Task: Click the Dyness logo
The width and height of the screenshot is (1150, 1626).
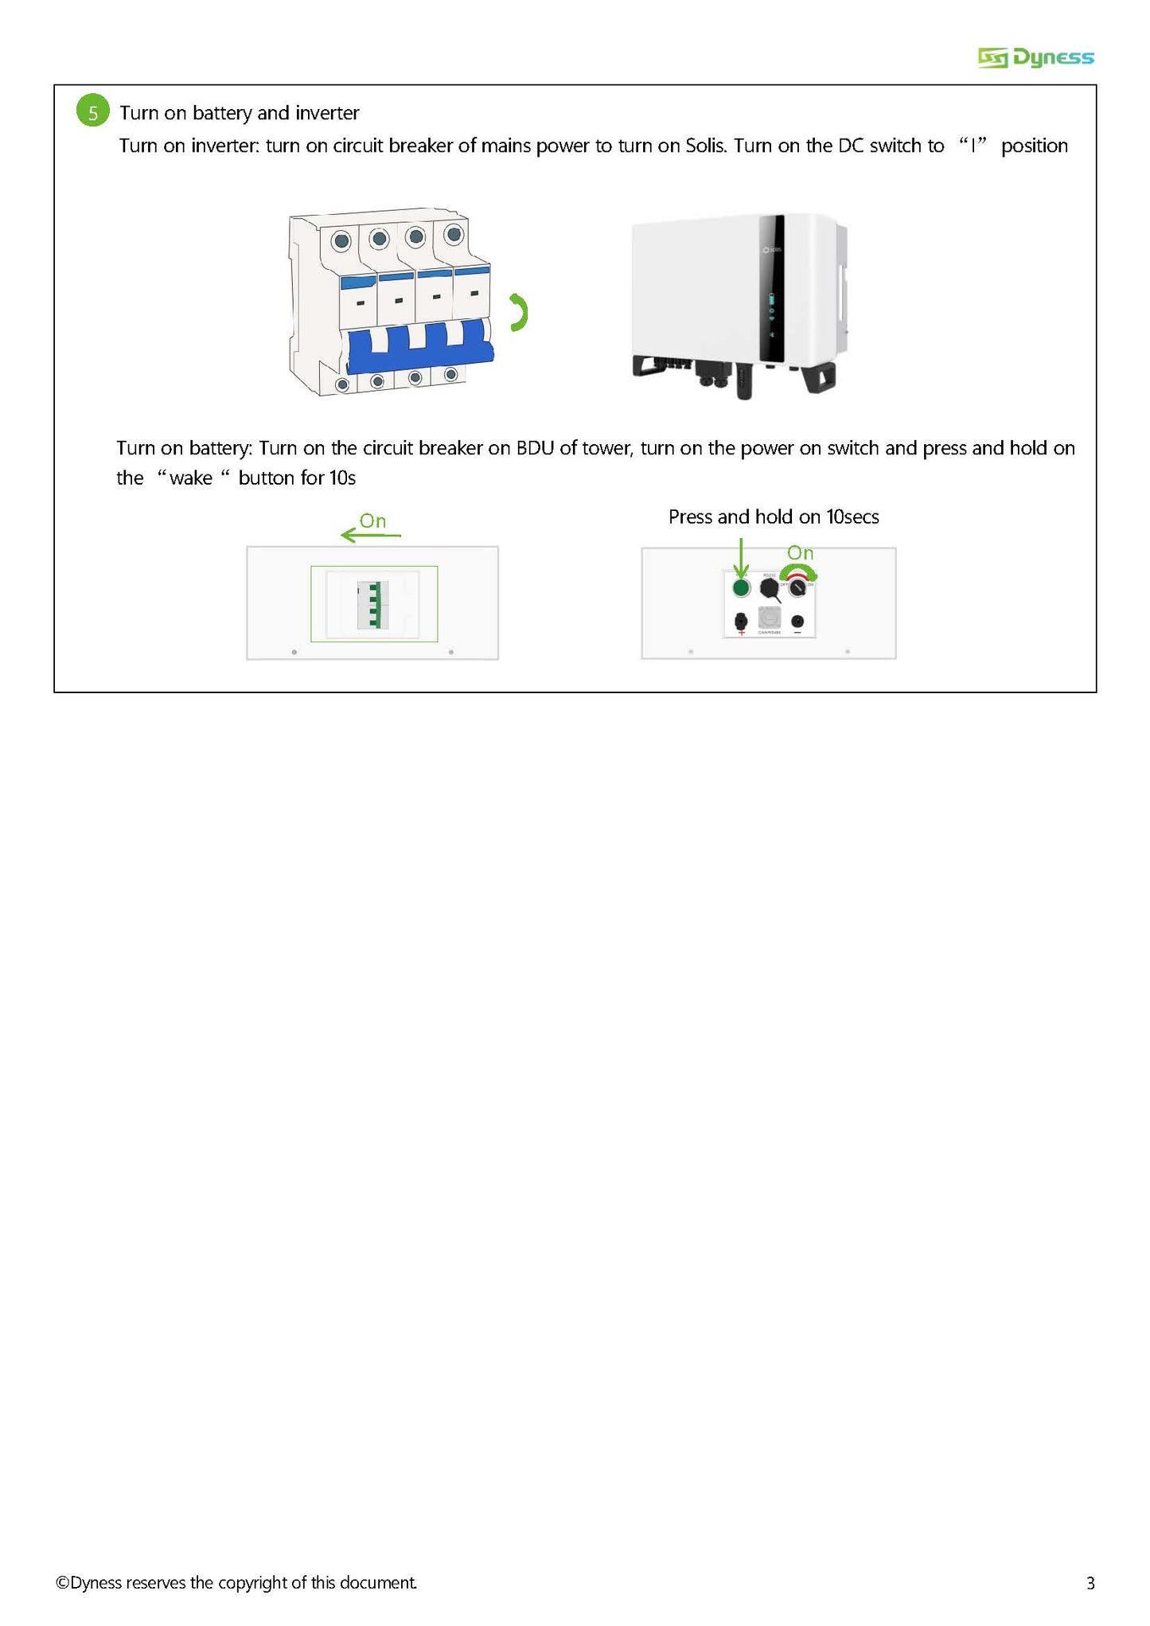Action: pyautogui.click(x=1035, y=57)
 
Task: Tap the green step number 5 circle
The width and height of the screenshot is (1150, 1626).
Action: pyautogui.click(x=92, y=112)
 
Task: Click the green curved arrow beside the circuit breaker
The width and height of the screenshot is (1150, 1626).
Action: pyautogui.click(x=518, y=313)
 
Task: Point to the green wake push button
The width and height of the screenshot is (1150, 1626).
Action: pyautogui.click(x=741, y=588)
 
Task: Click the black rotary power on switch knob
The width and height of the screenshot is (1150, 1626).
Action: pyautogui.click(x=797, y=588)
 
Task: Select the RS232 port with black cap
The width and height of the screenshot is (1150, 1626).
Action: pyautogui.click(x=769, y=588)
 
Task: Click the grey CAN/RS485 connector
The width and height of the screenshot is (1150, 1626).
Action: pyautogui.click(x=769, y=618)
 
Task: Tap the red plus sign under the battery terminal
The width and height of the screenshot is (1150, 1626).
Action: pyautogui.click(x=742, y=632)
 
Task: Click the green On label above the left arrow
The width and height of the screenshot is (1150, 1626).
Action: pyautogui.click(x=372, y=521)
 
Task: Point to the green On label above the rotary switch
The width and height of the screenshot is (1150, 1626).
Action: pyautogui.click(x=800, y=552)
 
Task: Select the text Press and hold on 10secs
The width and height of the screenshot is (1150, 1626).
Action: pyautogui.click(x=773, y=517)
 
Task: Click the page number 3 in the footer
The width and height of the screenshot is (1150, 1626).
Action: pyautogui.click(x=1090, y=1583)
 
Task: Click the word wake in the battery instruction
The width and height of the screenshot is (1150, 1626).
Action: pyautogui.click(x=191, y=478)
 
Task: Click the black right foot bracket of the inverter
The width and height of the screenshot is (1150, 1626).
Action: pyautogui.click(x=820, y=377)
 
